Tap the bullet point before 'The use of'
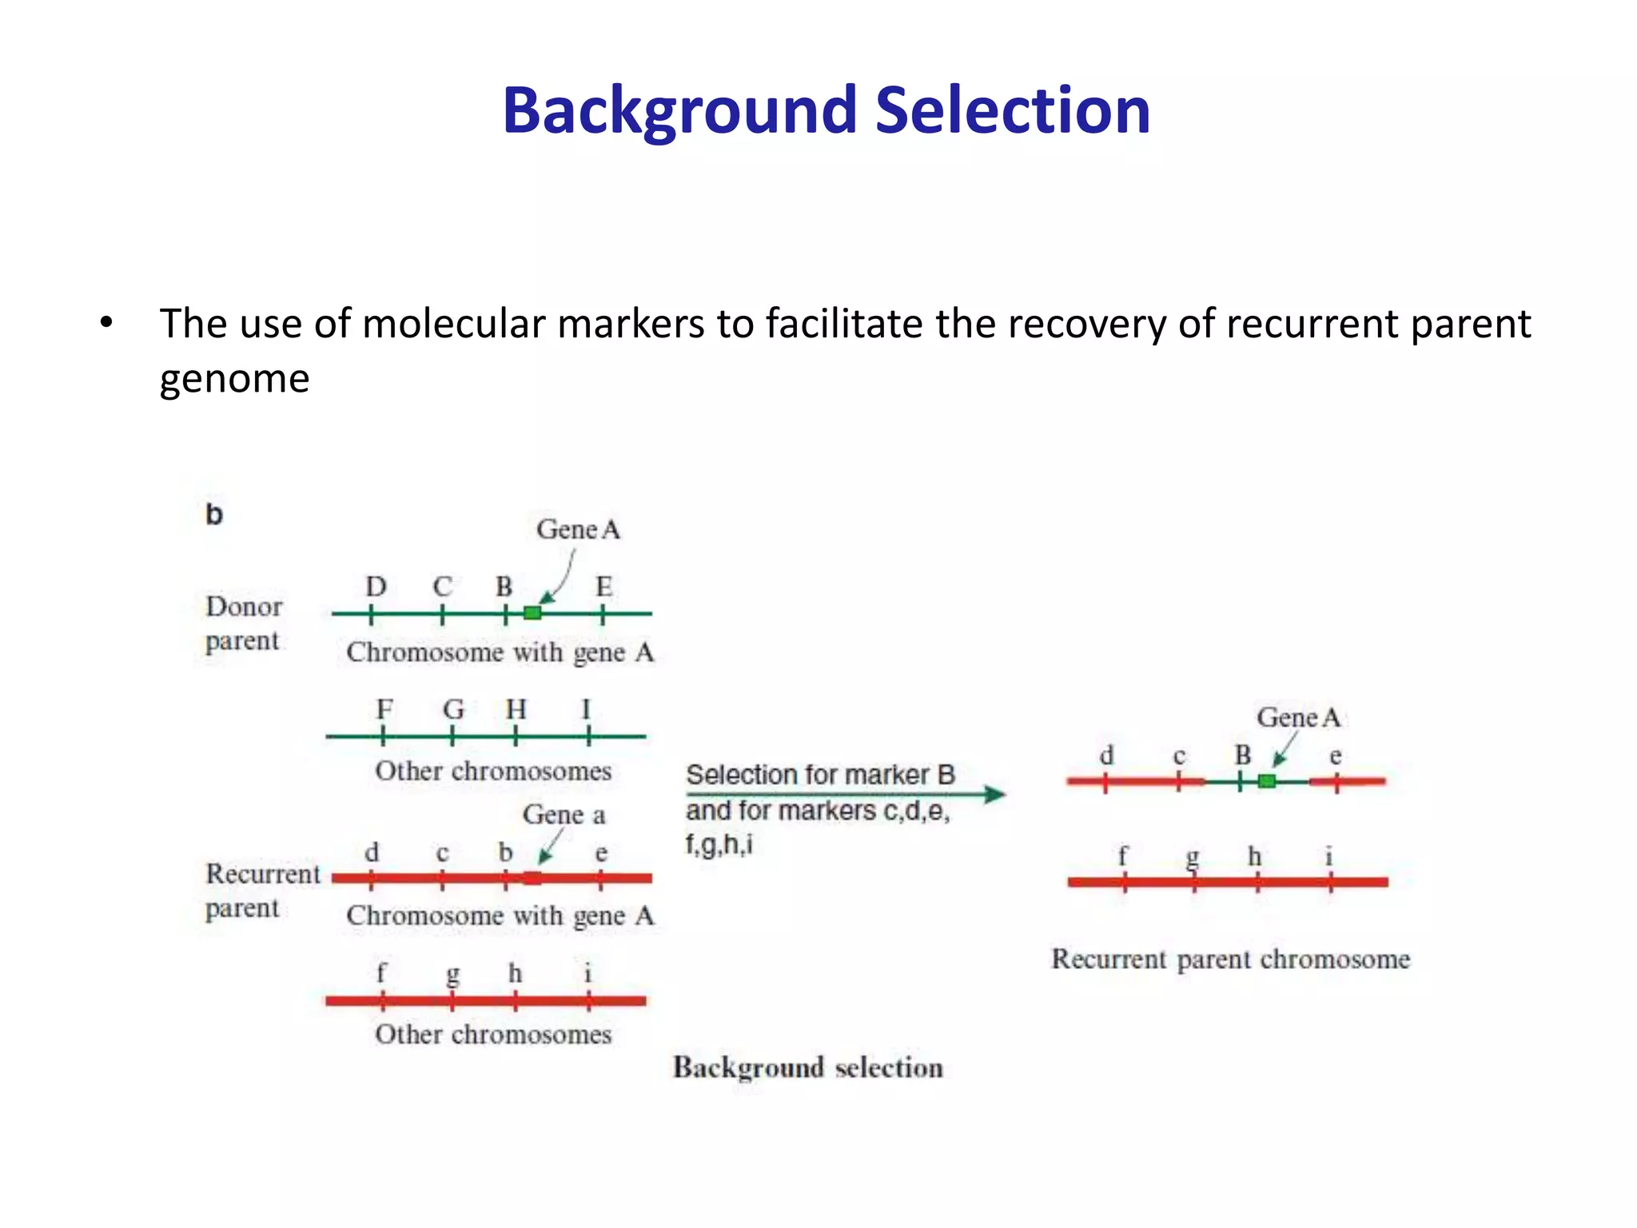coord(106,324)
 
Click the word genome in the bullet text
coord(234,378)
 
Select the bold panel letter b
coord(214,514)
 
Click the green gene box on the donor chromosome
coord(532,613)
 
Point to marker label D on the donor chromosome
coord(376,587)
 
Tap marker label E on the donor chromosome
coord(603,587)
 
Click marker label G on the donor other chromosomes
coord(453,709)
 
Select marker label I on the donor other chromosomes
coord(586,709)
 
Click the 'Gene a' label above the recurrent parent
coord(564,815)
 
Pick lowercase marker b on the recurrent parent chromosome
coord(505,852)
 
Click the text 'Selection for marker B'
coord(820,775)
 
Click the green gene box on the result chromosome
coord(1266,781)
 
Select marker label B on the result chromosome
coord(1242,755)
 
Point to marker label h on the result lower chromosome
coord(1255,856)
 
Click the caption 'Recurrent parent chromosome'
coord(1230,959)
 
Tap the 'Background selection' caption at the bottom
coord(807,1067)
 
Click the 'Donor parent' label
coord(243,624)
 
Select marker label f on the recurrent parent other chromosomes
coord(381,973)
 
